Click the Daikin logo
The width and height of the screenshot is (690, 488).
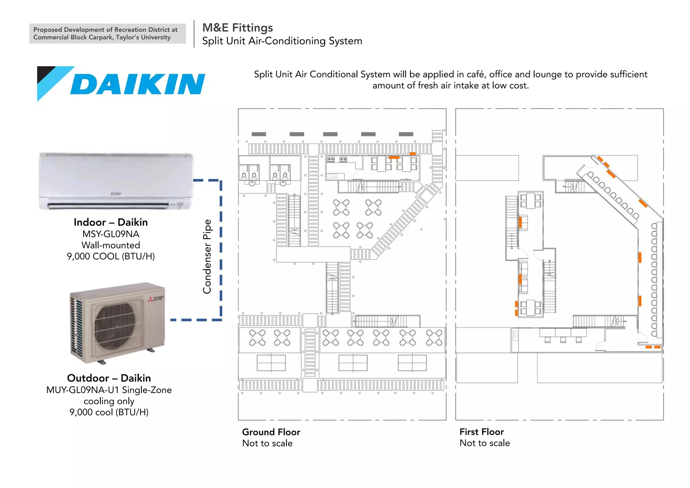(x=121, y=84)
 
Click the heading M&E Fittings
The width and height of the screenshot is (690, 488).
(x=238, y=28)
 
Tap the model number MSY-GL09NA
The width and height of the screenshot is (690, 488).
(x=111, y=234)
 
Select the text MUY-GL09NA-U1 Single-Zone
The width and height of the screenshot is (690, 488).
(x=109, y=390)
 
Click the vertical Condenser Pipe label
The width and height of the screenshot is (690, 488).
(x=207, y=256)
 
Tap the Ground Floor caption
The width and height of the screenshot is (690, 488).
(x=271, y=432)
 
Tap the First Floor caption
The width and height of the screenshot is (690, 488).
(x=481, y=432)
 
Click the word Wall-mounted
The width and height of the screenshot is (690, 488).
(x=111, y=245)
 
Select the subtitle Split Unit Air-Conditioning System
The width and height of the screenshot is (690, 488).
(x=282, y=41)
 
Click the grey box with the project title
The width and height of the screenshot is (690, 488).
(x=107, y=33)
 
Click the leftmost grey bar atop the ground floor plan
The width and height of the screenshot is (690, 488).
(x=259, y=134)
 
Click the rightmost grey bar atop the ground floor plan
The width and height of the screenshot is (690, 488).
(x=406, y=134)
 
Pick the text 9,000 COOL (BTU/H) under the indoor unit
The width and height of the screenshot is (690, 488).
(x=111, y=256)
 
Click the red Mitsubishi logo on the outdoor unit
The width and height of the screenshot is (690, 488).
(x=150, y=299)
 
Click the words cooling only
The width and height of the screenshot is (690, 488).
(x=109, y=401)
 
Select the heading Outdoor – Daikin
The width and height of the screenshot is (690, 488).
(x=109, y=378)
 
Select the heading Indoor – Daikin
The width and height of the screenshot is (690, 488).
(x=111, y=222)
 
